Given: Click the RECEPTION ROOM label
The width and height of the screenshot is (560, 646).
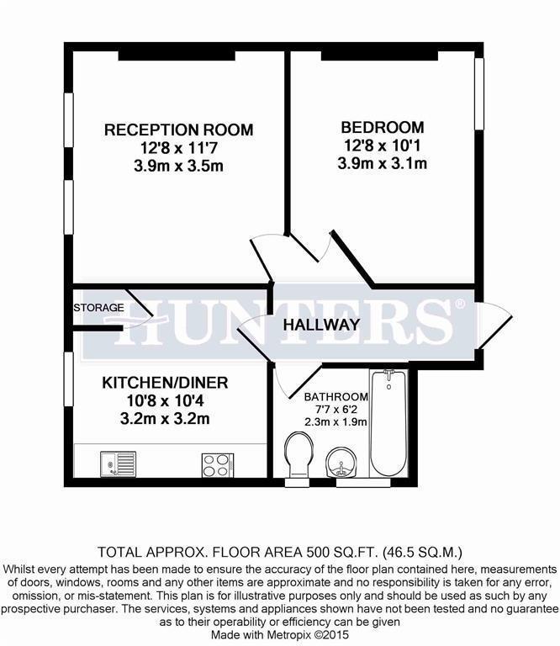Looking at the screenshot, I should pyautogui.click(x=178, y=130).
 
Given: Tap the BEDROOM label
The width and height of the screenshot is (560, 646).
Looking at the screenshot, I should pyautogui.click(x=382, y=128).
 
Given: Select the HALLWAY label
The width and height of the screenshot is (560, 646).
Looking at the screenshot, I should pyautogui.click(x=321, y=325).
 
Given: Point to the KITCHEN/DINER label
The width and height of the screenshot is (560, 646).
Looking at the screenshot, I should pyautogui.click(x=165, y=383).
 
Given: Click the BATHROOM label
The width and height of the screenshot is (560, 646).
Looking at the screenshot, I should pyautogui.click(x=335, y=397).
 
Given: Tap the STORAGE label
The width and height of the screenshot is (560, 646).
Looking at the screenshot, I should pyautogui.click(x=99, y=308).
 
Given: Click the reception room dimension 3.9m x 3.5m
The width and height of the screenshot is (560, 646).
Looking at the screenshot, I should pyautogui.click(x=178, y=166).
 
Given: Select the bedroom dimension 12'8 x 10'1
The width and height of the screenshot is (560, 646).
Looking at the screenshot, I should pyautogui.click(x=382, y=146).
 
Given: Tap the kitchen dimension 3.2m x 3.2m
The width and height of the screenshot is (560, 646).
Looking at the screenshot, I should pyautogui.click(x=165, y=419).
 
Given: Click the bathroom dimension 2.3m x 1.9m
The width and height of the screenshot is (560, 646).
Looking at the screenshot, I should pyautogui.click(x=335, y=421).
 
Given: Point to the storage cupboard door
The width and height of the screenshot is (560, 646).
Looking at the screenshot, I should pyautogui.click(x=140, y=313).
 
